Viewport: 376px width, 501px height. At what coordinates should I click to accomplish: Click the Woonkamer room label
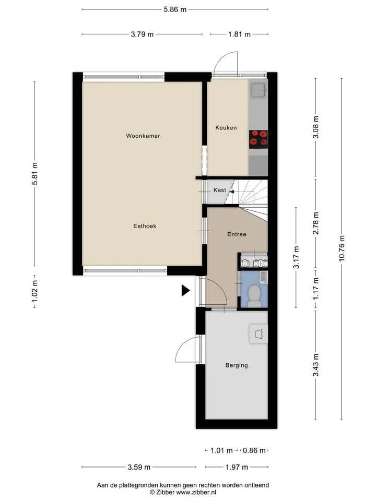(143, 136)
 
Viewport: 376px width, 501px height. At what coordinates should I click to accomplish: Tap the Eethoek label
(145, 226)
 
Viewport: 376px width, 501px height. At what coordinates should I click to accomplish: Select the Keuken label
(226, 128)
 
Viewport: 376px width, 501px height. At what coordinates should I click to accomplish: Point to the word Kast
(220, 190)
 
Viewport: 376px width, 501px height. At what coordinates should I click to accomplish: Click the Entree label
(237, 234)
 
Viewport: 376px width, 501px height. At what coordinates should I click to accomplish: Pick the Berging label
(237, 365)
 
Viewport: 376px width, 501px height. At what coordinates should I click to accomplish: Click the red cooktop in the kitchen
(258, 139)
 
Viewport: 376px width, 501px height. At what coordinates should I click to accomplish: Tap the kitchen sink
(258, 90)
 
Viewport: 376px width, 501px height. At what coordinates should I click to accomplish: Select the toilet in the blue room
(254, 295)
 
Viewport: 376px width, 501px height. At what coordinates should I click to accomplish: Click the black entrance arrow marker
(185, 291)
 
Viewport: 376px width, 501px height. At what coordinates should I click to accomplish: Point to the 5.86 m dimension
(175, 9)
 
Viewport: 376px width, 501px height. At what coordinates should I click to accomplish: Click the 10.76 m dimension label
(342, 248)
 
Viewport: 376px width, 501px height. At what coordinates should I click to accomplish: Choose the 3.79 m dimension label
(142, 34)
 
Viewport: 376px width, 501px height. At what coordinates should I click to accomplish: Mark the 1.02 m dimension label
(34, 291)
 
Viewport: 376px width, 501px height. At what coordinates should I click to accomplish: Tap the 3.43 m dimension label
(315, 365)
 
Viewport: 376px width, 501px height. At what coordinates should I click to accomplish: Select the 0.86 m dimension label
(254, 450)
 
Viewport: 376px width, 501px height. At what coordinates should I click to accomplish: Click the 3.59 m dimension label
(139, 467)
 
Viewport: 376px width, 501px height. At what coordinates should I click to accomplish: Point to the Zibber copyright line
(183, 492)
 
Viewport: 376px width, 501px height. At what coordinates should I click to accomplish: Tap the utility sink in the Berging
(258, 334)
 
